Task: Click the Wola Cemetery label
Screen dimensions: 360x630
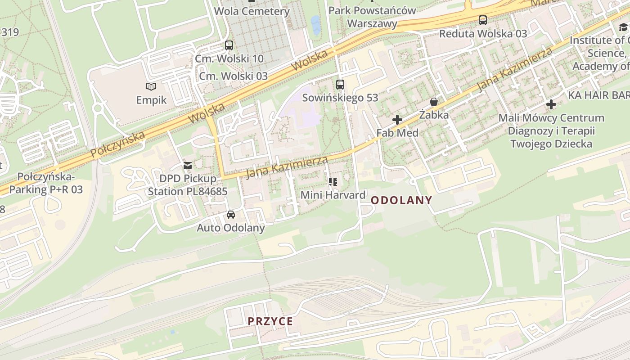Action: (252, 11)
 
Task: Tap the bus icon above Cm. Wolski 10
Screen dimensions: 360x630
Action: (229, 45)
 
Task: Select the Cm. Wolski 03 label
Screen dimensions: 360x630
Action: (233, 76)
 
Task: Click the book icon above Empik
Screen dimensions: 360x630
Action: (151, 86)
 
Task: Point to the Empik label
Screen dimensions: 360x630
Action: (151, 100)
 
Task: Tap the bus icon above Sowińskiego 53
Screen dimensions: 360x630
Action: (340, 84)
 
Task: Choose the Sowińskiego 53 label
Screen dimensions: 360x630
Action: (340, 98)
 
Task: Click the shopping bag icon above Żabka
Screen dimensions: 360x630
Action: (434, 102)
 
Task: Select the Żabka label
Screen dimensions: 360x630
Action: (434, 115)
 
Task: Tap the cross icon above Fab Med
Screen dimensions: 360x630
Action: (397, 120)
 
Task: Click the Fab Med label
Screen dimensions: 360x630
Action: (397, 133)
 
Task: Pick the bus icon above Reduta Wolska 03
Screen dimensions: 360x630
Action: (483, 20)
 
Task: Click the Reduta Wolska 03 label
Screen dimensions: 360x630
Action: (483, 34)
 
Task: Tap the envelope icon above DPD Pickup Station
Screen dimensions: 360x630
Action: (188, 166)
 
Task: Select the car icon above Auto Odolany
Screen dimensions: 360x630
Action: (231, 215)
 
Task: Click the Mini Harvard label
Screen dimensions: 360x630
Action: (333, 195)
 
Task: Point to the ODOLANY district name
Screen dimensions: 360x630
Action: (401, 200)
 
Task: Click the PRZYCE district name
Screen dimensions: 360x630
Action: (270, 321)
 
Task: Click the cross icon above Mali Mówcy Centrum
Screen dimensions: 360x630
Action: (551, 105)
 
